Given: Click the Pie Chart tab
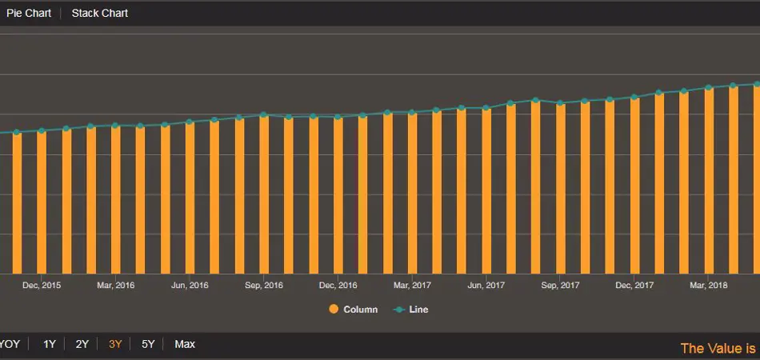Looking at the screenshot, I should pos(29,13).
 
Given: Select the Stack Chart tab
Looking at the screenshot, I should pos(100,13).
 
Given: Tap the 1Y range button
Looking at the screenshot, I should pos(50,344).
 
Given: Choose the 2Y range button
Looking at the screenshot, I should pos(82,344).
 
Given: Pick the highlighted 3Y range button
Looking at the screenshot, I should pos(115,344).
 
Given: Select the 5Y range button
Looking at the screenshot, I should pos(148,344).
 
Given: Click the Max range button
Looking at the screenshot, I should pos(185,344).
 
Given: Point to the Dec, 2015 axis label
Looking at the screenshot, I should pos(42,285).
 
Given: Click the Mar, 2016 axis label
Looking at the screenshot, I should pos(116,285).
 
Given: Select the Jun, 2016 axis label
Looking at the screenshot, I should pos(190,285).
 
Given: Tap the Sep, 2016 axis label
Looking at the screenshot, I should pos(264,285).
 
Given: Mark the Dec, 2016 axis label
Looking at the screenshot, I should pos(338,285).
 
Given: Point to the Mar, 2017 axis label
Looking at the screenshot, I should pos(412,285).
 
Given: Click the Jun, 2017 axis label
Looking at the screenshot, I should pos(486,285).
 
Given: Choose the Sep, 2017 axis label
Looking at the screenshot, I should pos(560,285).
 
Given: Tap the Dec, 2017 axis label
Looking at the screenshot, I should pos(634,285).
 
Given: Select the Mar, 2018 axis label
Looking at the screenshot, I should pos(708,285).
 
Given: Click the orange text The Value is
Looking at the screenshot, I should pos(718,348).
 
